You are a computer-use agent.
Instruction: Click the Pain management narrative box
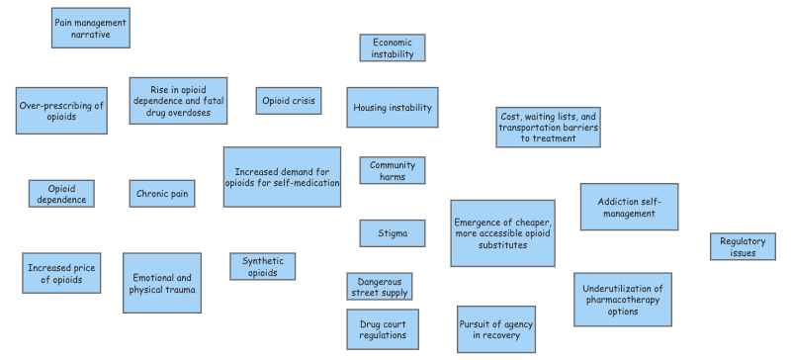pos(90,28)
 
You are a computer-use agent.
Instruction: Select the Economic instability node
pos(393,48)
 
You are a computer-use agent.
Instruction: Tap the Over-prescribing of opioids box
pos(61,111)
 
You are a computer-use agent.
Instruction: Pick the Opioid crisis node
pos(290,101)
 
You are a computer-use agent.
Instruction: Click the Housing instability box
pos(393,107)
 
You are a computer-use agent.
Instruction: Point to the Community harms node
pos(393,171)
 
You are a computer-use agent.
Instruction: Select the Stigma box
pos(393,233)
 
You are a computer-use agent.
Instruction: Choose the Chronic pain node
pos(161,194)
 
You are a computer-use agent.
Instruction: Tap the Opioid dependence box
pos(61,194)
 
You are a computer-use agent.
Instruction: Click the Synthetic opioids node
pos(262,266)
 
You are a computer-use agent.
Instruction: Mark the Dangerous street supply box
pos(379,287)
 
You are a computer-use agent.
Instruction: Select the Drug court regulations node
pos(382,329)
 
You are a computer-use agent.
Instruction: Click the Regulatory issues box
pos(743,247)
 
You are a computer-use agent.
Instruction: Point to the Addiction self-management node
pos(629,207)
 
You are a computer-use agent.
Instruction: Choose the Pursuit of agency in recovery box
pos(496,329)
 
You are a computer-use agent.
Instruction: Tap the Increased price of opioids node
pos(61,274)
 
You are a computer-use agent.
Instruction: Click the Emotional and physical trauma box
pos(161,284)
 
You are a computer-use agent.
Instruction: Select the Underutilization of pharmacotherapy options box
pos(623,300)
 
